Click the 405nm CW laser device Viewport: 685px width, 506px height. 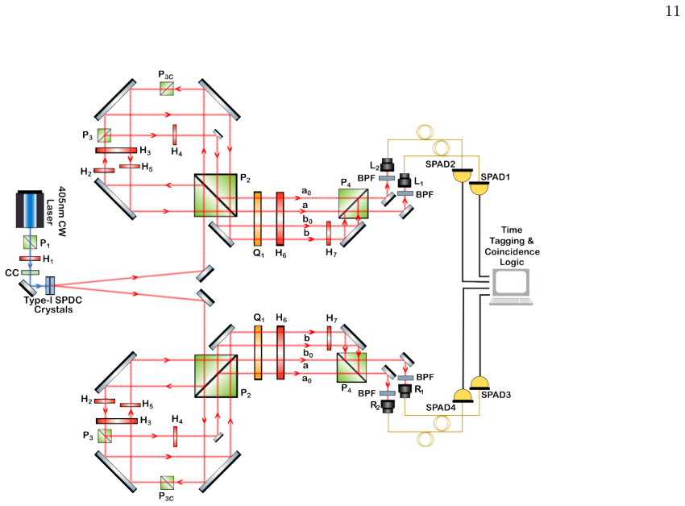pos(30,209)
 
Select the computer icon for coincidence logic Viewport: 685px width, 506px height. pos(511,287)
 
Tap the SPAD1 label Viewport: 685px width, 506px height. pos(496,177)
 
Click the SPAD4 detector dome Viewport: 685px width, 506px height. pos(463,396)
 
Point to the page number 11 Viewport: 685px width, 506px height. pos(673,11)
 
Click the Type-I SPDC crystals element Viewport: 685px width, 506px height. pos(50,285)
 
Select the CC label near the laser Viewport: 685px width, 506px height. pos(12,273)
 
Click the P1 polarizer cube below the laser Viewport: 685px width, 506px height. pos(30,242)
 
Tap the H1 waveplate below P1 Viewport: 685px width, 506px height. pos(30,259)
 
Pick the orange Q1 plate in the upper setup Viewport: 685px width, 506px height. pos(258,218)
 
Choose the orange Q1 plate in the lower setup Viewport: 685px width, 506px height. pos(258,352)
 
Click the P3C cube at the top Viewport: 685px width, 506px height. pos(167,89)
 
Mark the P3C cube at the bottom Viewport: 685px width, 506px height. pos(167,483)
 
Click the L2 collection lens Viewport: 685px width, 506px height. pos(387,164)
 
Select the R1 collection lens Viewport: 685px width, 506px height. pos(405,391)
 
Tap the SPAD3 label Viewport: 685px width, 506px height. pos(496,395)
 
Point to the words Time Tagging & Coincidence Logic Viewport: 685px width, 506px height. pos(512,246)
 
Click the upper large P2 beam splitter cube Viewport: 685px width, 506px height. pos(216,195)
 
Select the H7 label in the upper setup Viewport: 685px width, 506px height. pos(331,252)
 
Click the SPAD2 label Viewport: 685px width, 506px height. pos(440,164)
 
